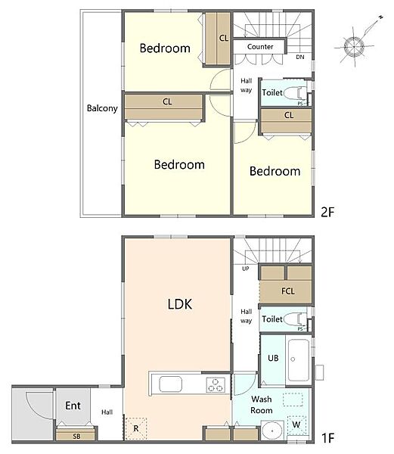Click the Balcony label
102,108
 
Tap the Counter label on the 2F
260,47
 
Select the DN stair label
300,57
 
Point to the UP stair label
245,269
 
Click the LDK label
180,304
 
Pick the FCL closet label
288,291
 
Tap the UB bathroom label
273,358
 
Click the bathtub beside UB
299,360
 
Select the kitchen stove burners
216,385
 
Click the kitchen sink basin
170,384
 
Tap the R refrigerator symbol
136,428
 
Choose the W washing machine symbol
296,425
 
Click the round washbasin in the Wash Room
272,431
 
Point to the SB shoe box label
76,437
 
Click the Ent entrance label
73,406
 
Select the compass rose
355,46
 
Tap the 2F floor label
327,212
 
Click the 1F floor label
328,438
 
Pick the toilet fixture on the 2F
295,93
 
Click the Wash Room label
262,405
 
